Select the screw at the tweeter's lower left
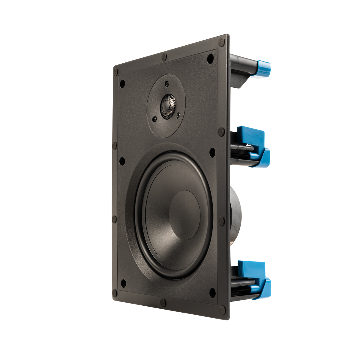coord(155,119)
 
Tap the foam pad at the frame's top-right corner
coord(222,41)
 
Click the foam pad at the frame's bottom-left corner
coord(115,293)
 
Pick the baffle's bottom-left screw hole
coord(123,283)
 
